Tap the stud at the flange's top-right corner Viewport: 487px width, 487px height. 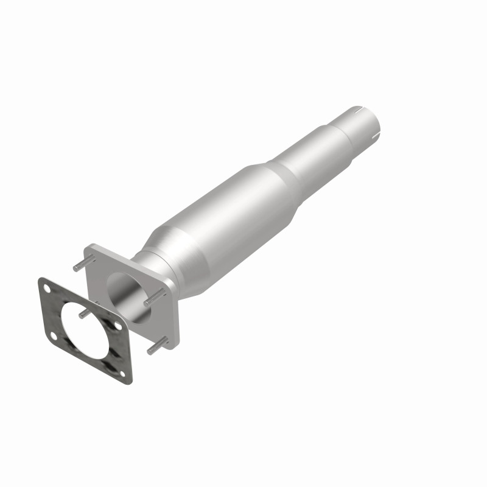[x=155, y=296]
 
